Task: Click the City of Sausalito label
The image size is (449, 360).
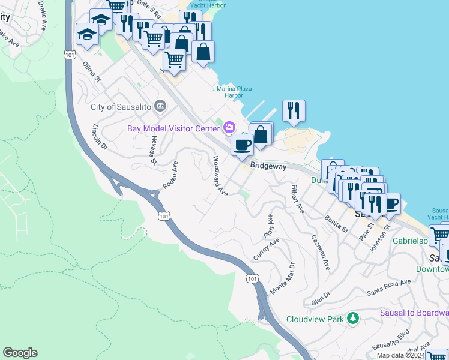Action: (x=119, y=107)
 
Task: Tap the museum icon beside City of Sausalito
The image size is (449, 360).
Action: (x=160, y=106)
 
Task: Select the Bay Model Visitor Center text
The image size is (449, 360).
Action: (x=173, y=128)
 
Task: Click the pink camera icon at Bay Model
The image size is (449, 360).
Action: (x=229, y=127)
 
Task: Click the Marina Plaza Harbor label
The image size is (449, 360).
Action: (x=230, y=92)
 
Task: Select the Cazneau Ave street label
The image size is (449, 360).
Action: (x=320, y=252)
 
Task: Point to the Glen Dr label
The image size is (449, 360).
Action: (x=321, y=298)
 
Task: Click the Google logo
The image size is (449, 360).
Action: (x=20, y=353)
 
